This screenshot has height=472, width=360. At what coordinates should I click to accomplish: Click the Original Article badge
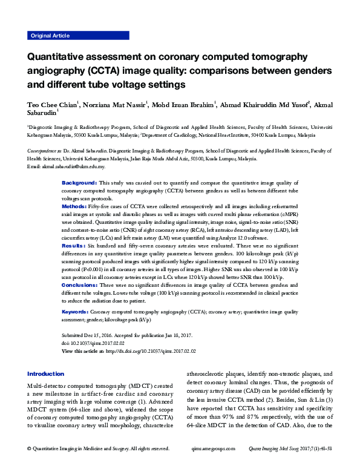(50, 36)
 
